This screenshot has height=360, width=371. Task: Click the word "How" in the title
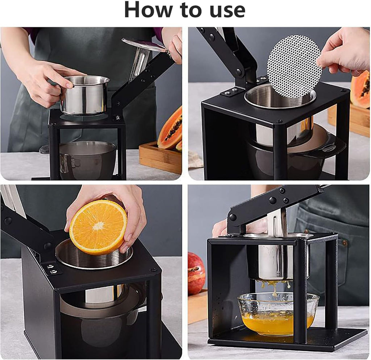(x=148, y=10)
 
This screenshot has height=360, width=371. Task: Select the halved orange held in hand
(x=98, y=227)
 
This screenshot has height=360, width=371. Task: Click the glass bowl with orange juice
(x=278, y=314)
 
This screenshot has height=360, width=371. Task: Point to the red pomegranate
(x=196, y=273)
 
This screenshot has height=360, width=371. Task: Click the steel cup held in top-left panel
(x=85, y=95)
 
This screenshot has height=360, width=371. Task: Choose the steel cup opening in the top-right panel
(x=279, y=96)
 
